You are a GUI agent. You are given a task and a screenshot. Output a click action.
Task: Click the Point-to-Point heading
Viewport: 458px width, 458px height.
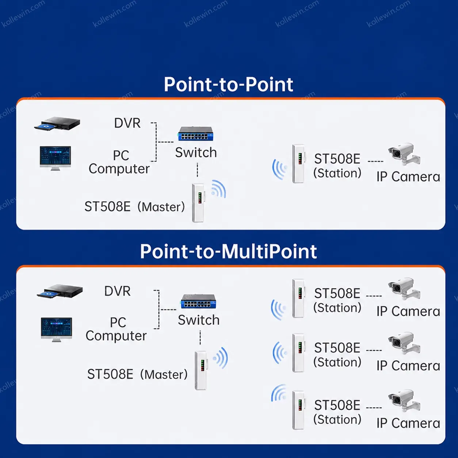point(228,84)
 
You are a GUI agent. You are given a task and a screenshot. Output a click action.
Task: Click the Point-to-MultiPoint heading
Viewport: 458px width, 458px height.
point(228,251)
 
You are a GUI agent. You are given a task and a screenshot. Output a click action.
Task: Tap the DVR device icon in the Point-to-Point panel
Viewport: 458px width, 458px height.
point(57,123)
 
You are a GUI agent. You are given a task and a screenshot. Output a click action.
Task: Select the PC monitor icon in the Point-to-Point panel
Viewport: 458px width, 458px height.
point(56,158)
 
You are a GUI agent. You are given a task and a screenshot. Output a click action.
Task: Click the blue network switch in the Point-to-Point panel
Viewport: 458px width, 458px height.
point(196,134)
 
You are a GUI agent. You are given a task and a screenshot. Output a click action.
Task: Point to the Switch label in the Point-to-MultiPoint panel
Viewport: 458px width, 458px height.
point(199,320)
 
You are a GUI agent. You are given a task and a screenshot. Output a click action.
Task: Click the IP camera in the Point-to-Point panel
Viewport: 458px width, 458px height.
point(404,154)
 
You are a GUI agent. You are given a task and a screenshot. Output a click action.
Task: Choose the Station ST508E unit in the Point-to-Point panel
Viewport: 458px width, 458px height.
point(298,164)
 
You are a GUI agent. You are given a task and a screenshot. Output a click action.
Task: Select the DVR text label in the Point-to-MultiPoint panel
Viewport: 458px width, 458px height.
point(117,291)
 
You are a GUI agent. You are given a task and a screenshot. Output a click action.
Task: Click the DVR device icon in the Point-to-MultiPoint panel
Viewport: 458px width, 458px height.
point(60,291)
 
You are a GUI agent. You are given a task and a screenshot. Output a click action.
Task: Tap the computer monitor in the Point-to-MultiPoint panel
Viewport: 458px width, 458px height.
point(56,329)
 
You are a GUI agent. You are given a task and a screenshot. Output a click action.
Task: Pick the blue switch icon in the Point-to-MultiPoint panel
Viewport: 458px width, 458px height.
point(198,301)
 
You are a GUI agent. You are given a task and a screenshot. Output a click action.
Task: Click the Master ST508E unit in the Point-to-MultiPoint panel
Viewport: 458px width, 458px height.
point(201,370)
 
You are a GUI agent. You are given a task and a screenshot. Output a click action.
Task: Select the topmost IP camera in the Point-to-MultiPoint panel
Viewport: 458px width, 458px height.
point(404,288)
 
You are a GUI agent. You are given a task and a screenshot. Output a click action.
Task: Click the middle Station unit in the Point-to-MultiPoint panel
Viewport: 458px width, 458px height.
point(298,353)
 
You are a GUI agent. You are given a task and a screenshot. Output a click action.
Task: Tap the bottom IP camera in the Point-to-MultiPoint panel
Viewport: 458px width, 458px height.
point(404,400)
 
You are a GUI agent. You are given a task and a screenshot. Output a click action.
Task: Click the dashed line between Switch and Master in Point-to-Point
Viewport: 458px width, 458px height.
point(197,170)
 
